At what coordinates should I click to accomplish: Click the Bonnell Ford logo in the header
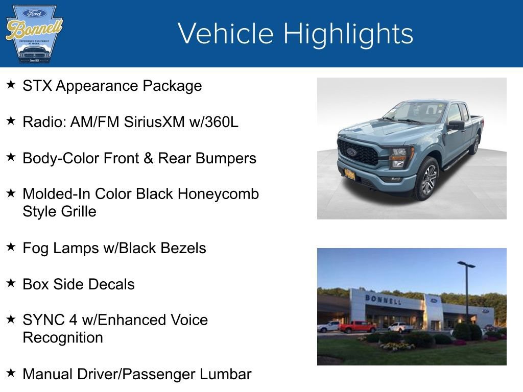pyautogui.click(x=34, y=34)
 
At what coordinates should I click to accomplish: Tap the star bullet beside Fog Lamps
pyautogui.click(x=11, y=247)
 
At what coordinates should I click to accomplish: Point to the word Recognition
pyautogui.click(x=63, y=337)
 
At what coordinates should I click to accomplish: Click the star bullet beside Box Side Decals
pyautogui.click(x=11, y=283)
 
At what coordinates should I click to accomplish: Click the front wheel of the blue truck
pyautogui.click(x=429, y=179)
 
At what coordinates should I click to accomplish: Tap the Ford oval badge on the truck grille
pyautogui.click(x=351, y=152)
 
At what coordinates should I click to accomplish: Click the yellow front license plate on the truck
pyautogui.click(x=350, y=174)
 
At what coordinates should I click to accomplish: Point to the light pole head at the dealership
pyautogui.click(x=466, y=264)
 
